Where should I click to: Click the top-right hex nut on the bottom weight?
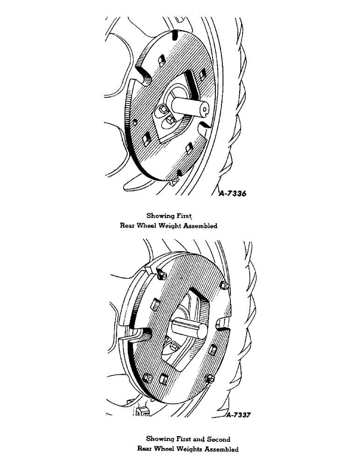coord(224,285)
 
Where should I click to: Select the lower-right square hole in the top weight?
coord(189,149)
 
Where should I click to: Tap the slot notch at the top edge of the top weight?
coord(174,34)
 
